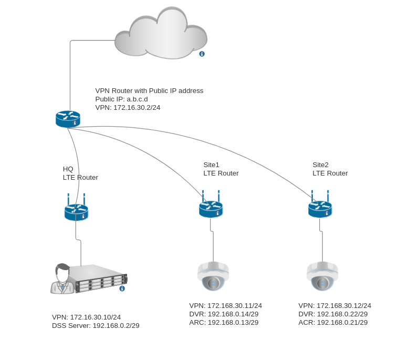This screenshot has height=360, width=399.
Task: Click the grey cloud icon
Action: (x=161, y=34)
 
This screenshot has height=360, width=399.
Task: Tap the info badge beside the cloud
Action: (x=202, y=54)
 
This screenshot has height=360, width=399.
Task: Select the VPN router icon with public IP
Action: (x=68, y=119)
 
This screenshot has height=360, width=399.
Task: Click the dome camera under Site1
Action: (x=213, y=276)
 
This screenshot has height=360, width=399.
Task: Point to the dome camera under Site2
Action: (x=322, y=276)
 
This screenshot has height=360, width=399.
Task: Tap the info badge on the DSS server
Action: (x=122, y=289)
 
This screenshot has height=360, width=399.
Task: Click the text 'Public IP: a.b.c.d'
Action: (x=121, y=99)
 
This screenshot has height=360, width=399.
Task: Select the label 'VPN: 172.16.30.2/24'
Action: (x=128, y=108)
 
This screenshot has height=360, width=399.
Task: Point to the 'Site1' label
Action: (x=211, y=165)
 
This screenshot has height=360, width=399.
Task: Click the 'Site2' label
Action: (x=320, y=165)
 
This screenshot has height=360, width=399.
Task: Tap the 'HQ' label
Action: (x=68, y=169)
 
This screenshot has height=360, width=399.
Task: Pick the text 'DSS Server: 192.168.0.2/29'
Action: (x=96, y=326)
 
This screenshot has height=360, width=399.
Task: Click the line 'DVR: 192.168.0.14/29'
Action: (x=224, y=314)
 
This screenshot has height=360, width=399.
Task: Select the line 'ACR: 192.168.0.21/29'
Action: (x=333, y=322)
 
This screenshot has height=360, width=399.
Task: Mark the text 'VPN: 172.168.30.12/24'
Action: (x=335, y=305)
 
